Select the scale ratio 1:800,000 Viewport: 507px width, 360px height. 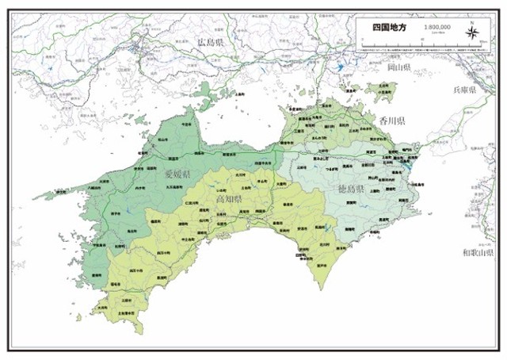[x=437, y=26]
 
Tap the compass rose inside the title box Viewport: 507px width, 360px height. [x=472, y=31]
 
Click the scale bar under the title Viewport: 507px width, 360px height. [x=437, y=33]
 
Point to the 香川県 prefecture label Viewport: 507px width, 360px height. [x=391, y=121]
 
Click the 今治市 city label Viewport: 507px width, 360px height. [x=186, y=125]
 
